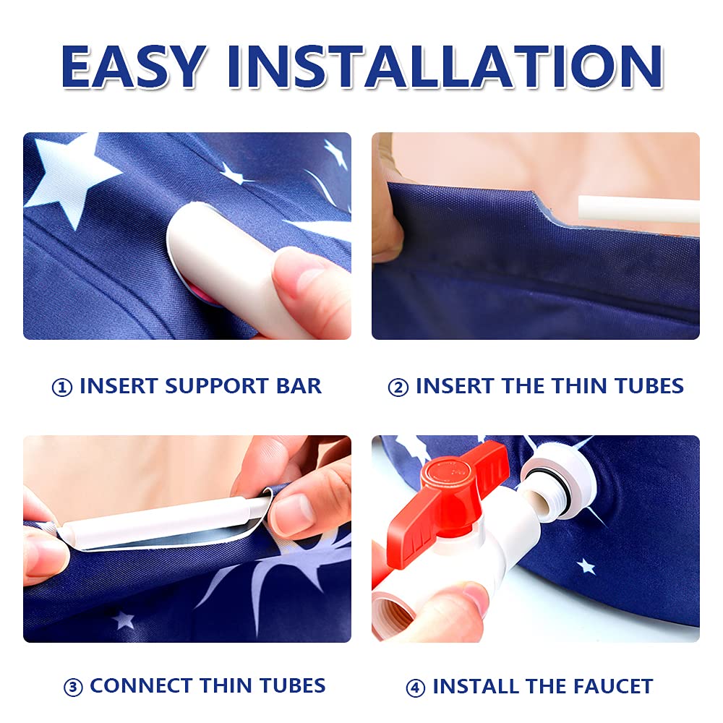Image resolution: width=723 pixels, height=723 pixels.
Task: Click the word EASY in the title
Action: (134, 66)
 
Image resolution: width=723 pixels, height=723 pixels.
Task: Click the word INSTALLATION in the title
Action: (445, 66)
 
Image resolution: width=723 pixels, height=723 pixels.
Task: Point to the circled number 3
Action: (73, 688)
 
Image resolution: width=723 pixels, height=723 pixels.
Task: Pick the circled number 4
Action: (415, 688)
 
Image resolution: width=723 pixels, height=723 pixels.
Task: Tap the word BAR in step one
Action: (299, 386)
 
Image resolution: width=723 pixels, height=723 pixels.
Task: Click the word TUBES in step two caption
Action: (649, 386)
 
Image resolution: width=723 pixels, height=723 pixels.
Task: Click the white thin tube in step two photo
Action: (638, 209)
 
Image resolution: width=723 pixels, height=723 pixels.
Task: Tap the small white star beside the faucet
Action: (586, 566)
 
